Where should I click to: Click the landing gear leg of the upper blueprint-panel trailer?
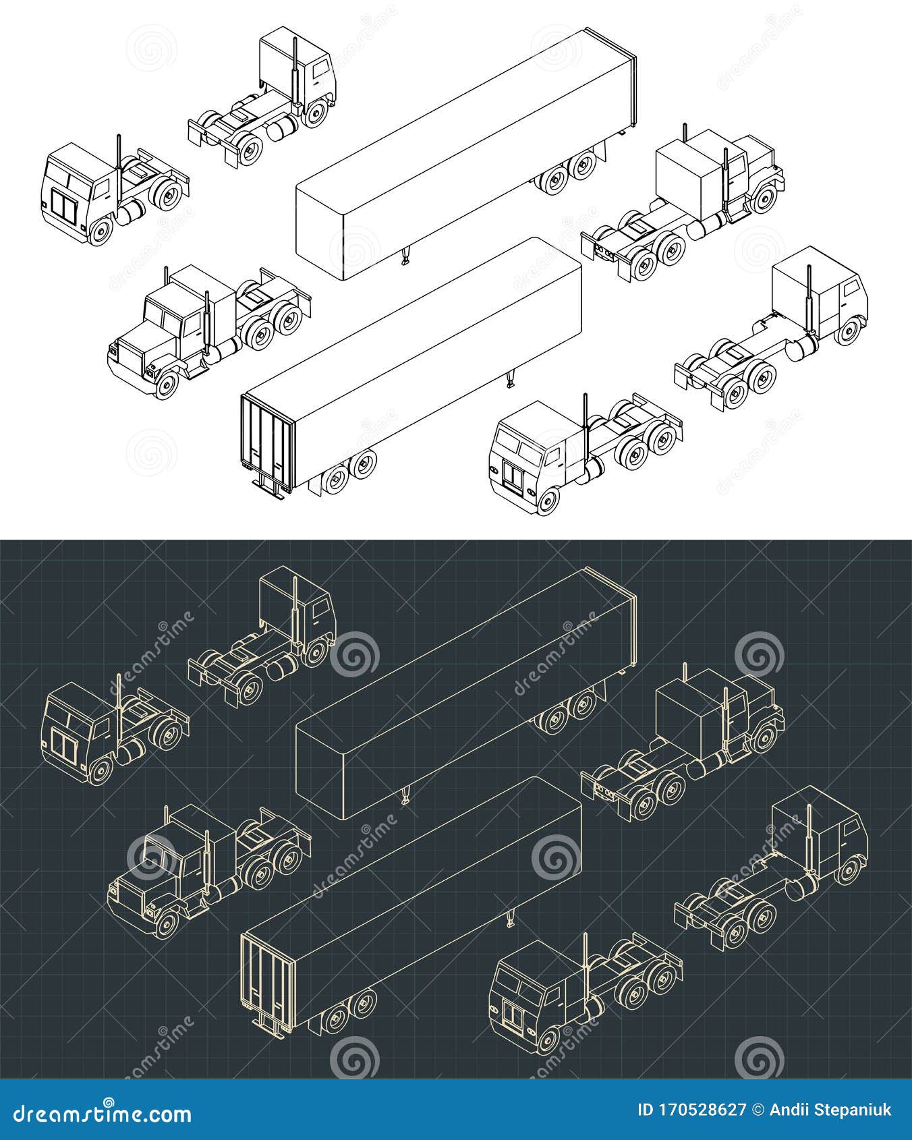[x=405, y=797]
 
